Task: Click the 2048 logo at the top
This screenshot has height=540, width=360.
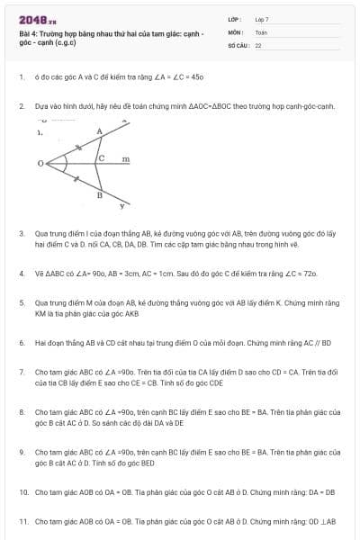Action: tap(38, 19)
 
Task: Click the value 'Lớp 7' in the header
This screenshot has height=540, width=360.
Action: tap(262, 19)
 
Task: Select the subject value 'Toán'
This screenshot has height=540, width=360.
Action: tap(261, 31)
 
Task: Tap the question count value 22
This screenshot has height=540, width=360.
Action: tap(258, 44)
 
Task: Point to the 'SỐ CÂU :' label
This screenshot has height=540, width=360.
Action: tap(238, 44)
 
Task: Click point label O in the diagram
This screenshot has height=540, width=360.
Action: tap(40, 165)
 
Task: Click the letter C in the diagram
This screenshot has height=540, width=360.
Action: tap(102, 158)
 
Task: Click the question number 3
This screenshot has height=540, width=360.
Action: tap(21, 233)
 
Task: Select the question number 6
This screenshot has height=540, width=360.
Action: tap(21, 343)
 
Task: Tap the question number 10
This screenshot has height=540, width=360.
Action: tap(22, 492)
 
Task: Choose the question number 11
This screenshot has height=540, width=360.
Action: tap(22, 521)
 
